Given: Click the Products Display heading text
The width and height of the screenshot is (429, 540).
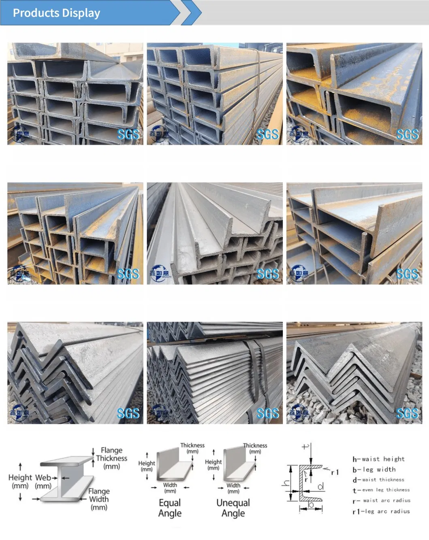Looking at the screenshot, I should click(56, 13).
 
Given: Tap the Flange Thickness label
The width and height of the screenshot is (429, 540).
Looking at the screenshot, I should click(111, 458).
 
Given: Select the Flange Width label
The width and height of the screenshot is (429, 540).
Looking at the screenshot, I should click(99, 499).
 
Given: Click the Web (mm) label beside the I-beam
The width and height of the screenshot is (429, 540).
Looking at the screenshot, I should click(43, 481).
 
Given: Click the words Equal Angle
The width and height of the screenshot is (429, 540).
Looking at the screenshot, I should click(170, 508).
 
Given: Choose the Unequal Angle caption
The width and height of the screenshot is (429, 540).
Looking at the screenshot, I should click(233, 508).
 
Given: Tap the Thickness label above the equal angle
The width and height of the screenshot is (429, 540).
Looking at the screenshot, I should click(192, 448).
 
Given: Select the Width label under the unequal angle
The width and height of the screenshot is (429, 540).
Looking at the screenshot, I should click(233, 488).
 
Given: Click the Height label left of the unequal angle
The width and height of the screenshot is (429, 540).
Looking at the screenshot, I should click(213, 464).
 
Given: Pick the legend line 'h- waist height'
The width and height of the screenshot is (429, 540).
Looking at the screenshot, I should click(378, 459).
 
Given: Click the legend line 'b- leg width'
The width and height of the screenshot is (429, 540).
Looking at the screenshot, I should click(374, 470).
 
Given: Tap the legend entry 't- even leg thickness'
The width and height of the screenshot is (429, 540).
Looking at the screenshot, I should click(381, 490).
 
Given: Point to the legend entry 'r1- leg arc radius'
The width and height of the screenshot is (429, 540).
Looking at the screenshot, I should click(381, 512).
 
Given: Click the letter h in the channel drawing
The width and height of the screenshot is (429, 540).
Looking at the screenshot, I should click(286, 483).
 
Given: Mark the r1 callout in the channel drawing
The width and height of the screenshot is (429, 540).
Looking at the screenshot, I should click(335, 472).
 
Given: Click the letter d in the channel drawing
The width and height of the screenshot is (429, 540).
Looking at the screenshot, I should click(320, 487).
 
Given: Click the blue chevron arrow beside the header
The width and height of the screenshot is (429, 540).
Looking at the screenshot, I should click(192, 13).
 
